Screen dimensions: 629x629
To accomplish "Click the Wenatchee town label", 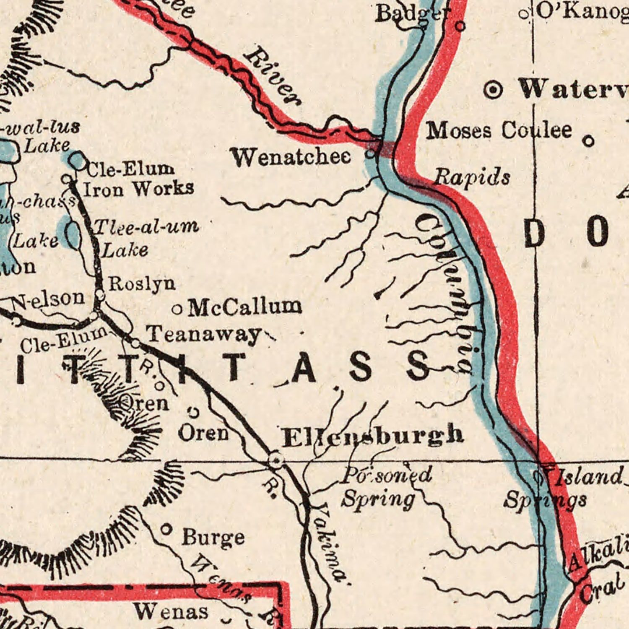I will click(291, 158).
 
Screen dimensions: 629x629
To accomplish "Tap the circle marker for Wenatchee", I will click(372, 154).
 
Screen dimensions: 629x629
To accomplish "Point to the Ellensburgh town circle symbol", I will click(276, 460).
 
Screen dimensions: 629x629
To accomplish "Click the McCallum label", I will click(245, 307).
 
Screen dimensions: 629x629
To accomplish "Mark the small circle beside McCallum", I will click(177, 310).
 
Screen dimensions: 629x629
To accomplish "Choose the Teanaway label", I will click(203, 335).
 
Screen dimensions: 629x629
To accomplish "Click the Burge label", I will click(213, 538).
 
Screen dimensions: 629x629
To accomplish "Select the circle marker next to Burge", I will click(166, 530).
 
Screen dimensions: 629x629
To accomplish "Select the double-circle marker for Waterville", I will click(494, 90).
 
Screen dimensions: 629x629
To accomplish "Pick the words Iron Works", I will click(139, 189).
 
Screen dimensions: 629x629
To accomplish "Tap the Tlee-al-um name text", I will click(146, 227).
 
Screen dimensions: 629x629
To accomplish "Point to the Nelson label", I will click(48, 300).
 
